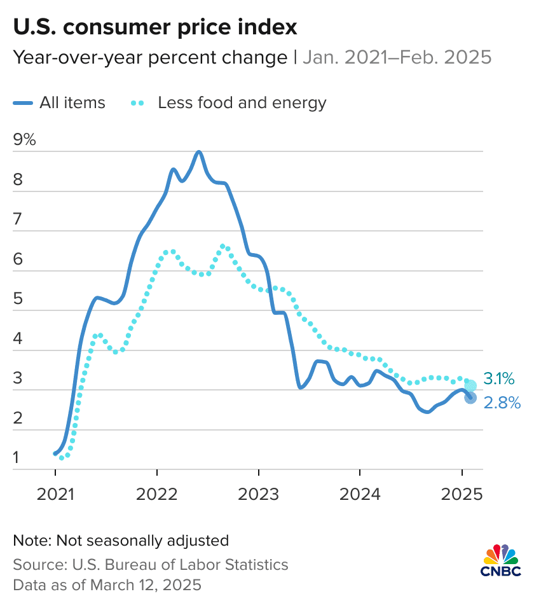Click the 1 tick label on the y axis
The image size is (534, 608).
17,457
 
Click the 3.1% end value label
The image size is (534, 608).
499,379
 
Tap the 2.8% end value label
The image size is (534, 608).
502,403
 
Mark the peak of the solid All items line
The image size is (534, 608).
199,152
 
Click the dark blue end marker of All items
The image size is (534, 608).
470,397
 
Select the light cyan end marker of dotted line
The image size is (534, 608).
470,385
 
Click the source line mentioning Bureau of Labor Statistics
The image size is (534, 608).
150,564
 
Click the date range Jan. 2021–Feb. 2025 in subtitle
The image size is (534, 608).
397,58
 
